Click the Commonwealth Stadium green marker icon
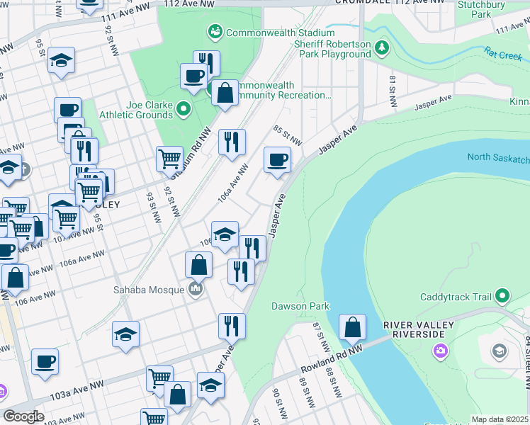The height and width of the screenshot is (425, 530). tap(214, 32)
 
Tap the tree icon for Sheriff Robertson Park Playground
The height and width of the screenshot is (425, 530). tap(383, 47)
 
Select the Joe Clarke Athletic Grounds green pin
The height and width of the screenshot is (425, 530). tap(184, 108)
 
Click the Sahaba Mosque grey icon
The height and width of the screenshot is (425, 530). tap(196, 288)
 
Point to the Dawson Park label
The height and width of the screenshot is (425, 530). tap(300, 307)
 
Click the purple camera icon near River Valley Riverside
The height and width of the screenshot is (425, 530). tap(441, 350)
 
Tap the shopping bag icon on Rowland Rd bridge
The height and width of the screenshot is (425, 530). tap(352, 327)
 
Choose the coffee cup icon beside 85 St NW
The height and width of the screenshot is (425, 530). tap(277, 159)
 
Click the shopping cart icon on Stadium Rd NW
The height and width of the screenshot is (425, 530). tap(169, 159)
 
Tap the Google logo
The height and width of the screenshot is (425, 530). tap(23, 416)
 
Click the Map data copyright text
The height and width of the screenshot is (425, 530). tap(500, 419)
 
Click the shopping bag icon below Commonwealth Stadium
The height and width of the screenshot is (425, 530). tap(225, 93)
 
